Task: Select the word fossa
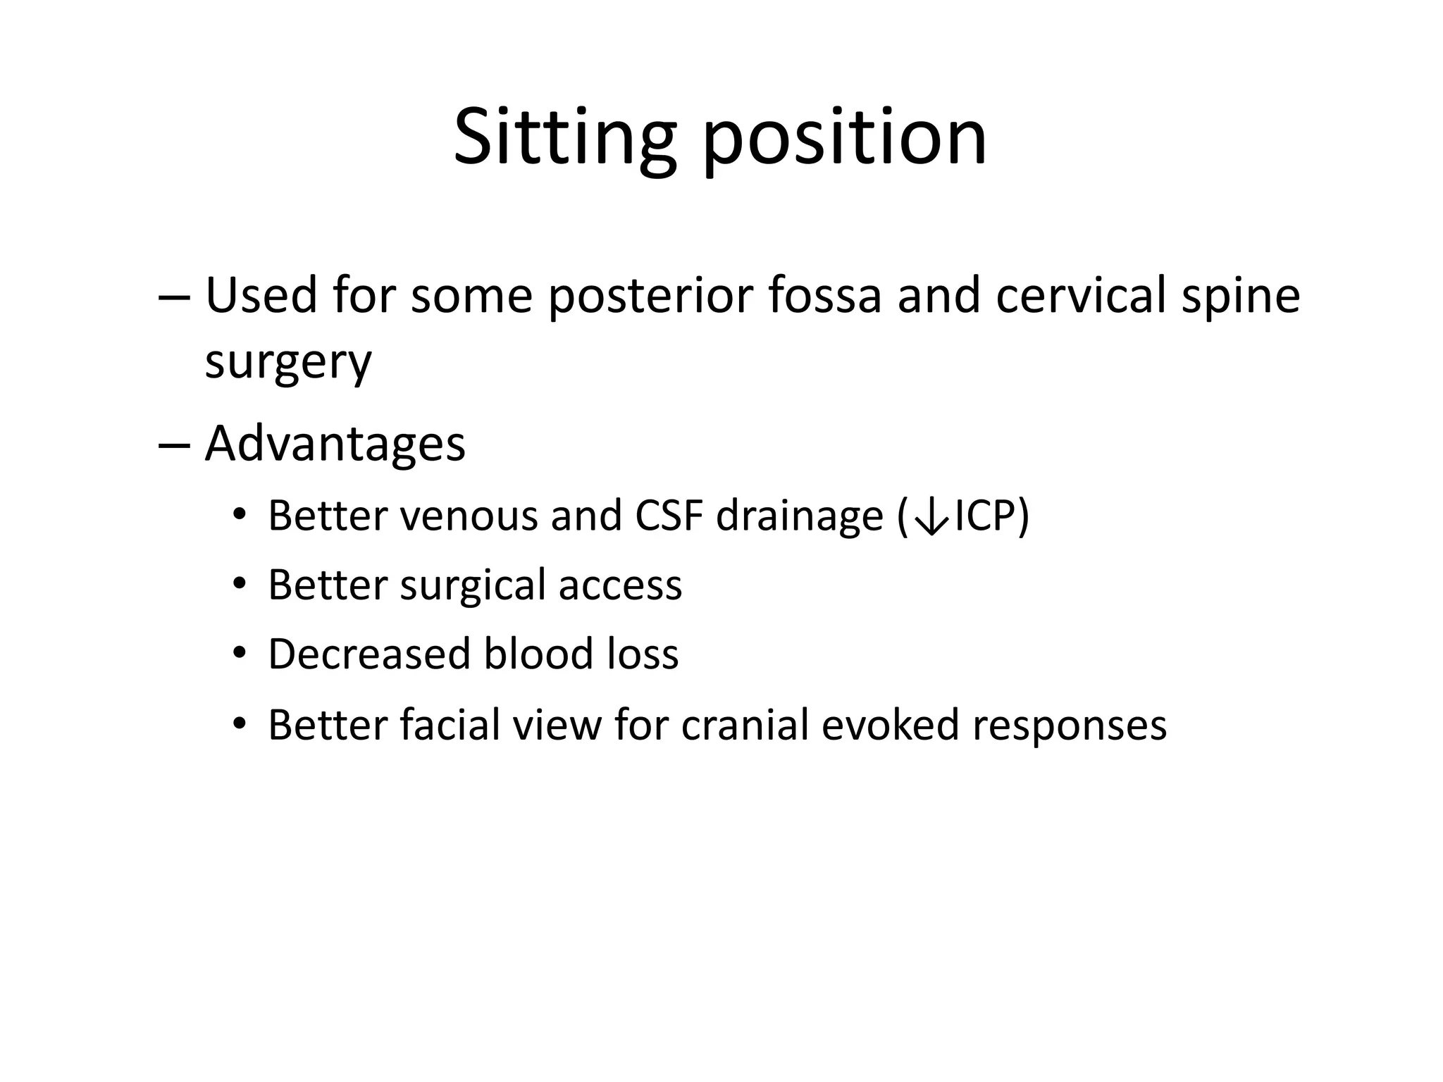[x=825, y=295]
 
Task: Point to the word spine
[x=1240, y=297]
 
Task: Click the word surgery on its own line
[x=287, y=363]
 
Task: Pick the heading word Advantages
[x=335, y=444]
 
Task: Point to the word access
[x=620, y=585]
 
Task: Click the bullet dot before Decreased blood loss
[x=240, y=654]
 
